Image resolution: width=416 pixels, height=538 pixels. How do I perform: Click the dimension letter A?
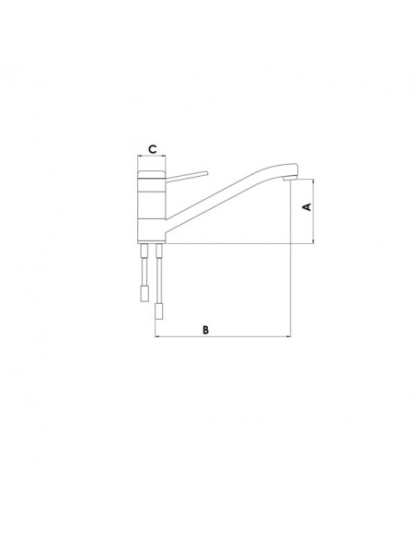pyautogui.click(x=307, y=207)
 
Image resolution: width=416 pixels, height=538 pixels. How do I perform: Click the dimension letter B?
pyautogui.click(x=205, y=330)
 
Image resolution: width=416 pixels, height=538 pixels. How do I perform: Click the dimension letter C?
pyautogui.click(x=152, y=149)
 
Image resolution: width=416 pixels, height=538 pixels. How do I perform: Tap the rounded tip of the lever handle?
pyautogui.click(x=206, y=173)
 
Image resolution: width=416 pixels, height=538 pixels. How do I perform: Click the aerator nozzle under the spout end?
pyautogui.click(x=289, y=179)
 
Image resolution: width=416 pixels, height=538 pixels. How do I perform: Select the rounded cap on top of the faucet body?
pyautogui.click(x=152, y=174)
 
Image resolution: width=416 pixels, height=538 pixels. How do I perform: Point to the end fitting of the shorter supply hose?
pyautogui.click(x=144, y=294)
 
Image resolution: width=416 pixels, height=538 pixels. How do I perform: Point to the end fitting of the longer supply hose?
pyautogui.click(x=158, y=311)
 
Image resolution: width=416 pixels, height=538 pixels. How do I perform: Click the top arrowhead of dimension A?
pyautogui.click(x=314, y=181)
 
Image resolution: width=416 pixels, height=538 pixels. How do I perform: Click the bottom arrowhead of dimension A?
pyautogui.click(x=314, y=241)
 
